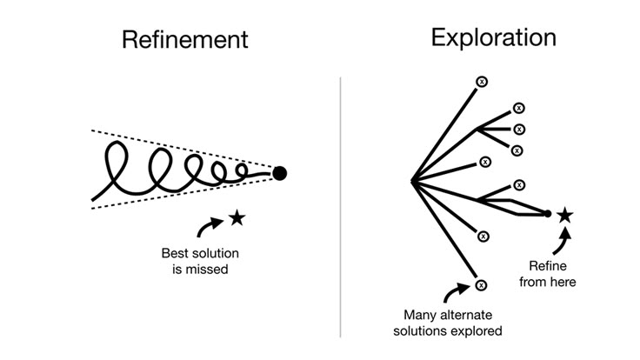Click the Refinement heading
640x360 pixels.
(x=184, y=39)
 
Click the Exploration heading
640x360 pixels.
(x=493, y=37)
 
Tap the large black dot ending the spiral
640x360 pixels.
(x=279, y=173)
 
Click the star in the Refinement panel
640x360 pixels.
(x=237, y=218)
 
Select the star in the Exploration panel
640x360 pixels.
(x=564, y=214)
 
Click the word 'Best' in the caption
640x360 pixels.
(x=176, y=254)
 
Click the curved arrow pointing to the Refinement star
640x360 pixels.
(x=210, y=227)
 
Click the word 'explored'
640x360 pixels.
(x=478, y=330)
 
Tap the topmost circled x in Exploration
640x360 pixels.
(x=482, y=81)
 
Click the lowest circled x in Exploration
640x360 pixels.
(x=481, y=284)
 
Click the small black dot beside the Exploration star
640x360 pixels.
(x=547, y=213)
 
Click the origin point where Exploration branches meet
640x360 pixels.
(x=411, y=181)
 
